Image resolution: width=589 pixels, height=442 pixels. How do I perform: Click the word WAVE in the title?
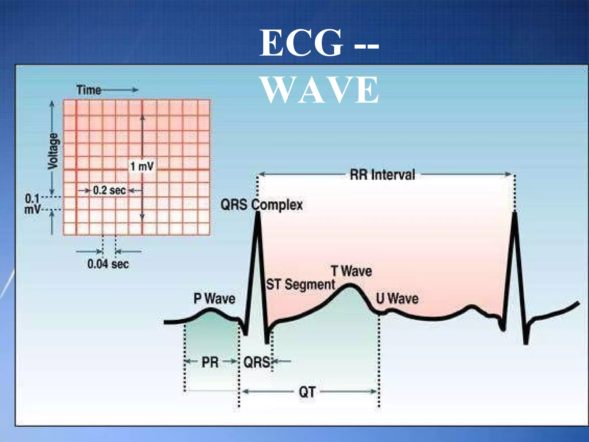[320, 90]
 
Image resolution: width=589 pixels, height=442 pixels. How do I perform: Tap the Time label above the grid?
[89, 90]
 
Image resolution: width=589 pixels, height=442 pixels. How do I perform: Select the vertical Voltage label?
[53, 151]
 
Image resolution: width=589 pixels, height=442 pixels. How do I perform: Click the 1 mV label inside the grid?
[142, 166]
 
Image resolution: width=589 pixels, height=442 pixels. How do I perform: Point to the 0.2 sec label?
[109, 190]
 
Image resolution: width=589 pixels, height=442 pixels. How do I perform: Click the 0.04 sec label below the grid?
[108, 264]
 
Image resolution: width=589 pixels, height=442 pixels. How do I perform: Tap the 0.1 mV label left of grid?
[32, 204]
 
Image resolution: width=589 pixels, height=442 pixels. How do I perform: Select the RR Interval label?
[382, 175]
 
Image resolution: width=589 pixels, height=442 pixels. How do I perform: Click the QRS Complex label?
[261, 205]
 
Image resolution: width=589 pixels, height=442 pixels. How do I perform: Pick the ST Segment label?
[301, 285]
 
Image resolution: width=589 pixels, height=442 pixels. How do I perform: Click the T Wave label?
[351, 271]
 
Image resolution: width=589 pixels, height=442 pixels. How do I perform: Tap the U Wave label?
[397, 298]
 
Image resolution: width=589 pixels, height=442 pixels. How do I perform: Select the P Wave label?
[214, 298]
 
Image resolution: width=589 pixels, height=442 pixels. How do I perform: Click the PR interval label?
[210, 362]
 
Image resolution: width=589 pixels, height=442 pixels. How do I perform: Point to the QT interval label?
[307, 392]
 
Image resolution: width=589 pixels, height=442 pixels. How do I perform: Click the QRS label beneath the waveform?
[257, 362]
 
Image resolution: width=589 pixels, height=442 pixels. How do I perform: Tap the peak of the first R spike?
[257, 214]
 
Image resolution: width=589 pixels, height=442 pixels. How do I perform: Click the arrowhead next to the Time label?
[135, 90]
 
